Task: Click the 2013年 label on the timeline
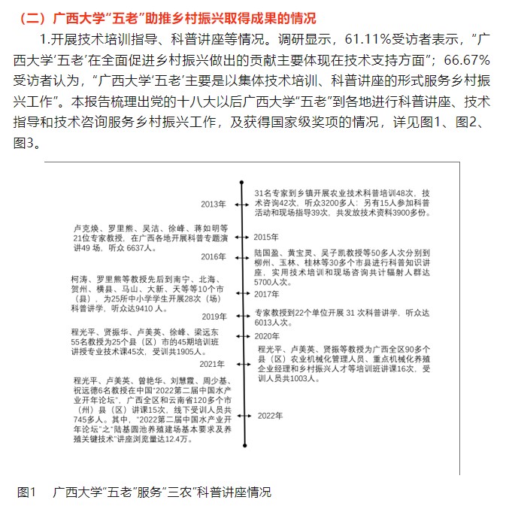click(x=213, y=205)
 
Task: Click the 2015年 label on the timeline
click(x=265, y=238)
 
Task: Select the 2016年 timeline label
click(x=213, y=257)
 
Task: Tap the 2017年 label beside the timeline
click(x=265, y=294)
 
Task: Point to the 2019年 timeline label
click(x=213, y=317)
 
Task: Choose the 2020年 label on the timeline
click(x=265, y=336)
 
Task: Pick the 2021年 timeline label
click(x=213, y=363)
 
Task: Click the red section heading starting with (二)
click(x=166, y=17)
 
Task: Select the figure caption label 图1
click(x=27, y=492)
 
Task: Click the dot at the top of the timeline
click(x=241, y=183)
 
